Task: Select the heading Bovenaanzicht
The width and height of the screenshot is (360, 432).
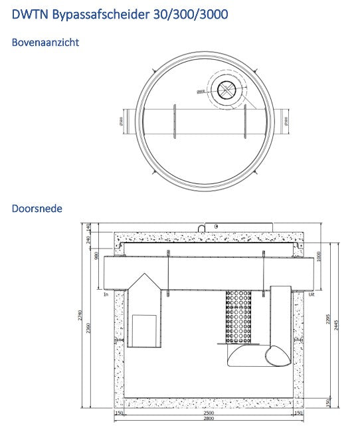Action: tap(46, 42)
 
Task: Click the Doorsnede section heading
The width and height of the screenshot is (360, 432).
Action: tap(37, 208)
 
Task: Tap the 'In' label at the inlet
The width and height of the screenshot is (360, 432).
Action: tap(106, 293)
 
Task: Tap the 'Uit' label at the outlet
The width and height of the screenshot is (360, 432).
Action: tap(312, 293)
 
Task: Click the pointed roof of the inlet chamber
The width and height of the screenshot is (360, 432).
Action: tap(143, 282)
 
